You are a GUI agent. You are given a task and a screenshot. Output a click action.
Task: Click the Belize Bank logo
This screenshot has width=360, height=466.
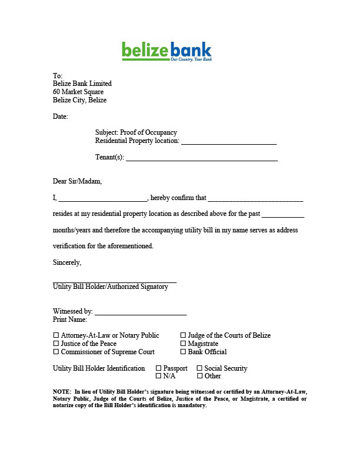click(x=166, y=51)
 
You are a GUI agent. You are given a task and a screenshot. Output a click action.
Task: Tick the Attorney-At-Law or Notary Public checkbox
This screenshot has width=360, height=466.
click(x=56, y=335)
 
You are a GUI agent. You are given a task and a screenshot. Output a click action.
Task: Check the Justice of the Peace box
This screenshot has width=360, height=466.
click(x=56, y=344)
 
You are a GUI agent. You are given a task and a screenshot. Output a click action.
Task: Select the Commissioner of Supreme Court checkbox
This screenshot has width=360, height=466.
click(x=56, y=352)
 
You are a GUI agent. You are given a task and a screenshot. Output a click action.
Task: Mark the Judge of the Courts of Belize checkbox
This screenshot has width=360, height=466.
click(x=184, y=335)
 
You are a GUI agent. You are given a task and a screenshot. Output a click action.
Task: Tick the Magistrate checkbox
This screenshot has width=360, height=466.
click(x=184, y=344)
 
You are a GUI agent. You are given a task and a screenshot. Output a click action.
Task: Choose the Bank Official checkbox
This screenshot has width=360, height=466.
click(x=184, y=352)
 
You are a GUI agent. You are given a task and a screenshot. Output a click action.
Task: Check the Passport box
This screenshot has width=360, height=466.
click(x=159, y=368)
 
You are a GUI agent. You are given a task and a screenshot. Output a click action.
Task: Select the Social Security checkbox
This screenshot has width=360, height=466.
click(x=200, y=368)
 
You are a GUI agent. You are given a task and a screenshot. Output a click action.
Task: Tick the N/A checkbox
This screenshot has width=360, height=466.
click(x=159, y=376)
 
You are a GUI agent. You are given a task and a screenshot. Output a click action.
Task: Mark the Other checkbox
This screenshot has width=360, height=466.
click(x=200, y=376)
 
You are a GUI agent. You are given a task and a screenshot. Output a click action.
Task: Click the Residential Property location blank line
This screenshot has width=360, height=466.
click(x=228, y=142)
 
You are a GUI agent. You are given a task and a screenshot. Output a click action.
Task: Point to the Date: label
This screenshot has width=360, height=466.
click(x=61, y=116)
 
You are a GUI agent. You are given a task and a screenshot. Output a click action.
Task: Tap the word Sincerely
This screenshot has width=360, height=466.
click(x=67, y=262)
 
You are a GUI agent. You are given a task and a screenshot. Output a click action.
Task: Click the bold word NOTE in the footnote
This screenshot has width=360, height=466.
click(x=62, y=391)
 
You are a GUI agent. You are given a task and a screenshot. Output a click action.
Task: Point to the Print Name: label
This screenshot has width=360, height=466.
click(x=70, y=319)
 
